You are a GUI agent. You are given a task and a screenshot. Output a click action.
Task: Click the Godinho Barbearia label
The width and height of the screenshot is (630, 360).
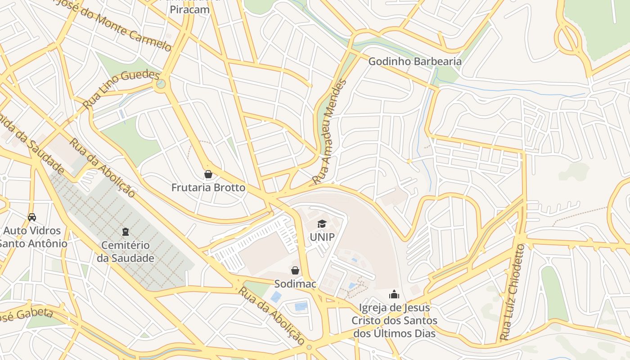pyautogui.click(x=415, y=61)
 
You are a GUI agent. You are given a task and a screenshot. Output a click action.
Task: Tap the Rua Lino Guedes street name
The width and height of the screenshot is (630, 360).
pyautogui.click(x=121, y=90)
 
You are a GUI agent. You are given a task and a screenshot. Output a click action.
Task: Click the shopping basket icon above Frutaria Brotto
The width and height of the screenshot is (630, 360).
pyautogui.click(x=208, y=174)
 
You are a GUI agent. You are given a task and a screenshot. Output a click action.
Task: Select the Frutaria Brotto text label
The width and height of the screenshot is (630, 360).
pyautogui.click(x=208, y=188)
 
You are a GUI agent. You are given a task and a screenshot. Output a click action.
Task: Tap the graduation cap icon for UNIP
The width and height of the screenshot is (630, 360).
pyautogui.click(x=322, y=224)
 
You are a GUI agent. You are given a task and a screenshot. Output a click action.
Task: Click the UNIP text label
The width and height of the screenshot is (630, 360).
pyautogui.click(x=322, y=237)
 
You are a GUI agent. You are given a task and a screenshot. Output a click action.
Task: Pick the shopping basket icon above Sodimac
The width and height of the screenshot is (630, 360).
pyautogui.click(x=295, y=270)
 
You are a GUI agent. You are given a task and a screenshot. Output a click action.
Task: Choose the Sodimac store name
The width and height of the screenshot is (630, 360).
pyautogui.click(x=295, y=284)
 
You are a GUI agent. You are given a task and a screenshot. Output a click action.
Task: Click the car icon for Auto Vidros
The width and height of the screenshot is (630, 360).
pyautogui.click(x=32, y=217)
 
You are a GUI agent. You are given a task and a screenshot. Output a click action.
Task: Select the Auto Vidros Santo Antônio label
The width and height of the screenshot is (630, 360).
pyautogui.click(x=32, y=237)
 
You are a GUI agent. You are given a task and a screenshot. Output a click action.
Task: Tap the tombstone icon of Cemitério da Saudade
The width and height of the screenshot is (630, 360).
pyautogui.click(x=126, y=232)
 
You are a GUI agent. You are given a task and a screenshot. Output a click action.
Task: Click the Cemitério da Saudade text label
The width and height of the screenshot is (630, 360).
pyautogui.click(x=126, y=252)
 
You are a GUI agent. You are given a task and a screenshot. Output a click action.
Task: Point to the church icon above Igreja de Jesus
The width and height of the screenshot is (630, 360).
pyautogui.click(x=394, y=295)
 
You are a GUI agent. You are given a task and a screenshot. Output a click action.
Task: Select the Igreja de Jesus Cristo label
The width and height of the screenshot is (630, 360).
pyautogui.click(x=394, y=320)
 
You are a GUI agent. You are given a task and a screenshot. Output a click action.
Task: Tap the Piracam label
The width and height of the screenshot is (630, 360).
pyautogui.click(x=189, y=9)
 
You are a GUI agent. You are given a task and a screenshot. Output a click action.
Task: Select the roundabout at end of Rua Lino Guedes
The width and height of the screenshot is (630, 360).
pyautogui.click(x=161, y=84)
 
